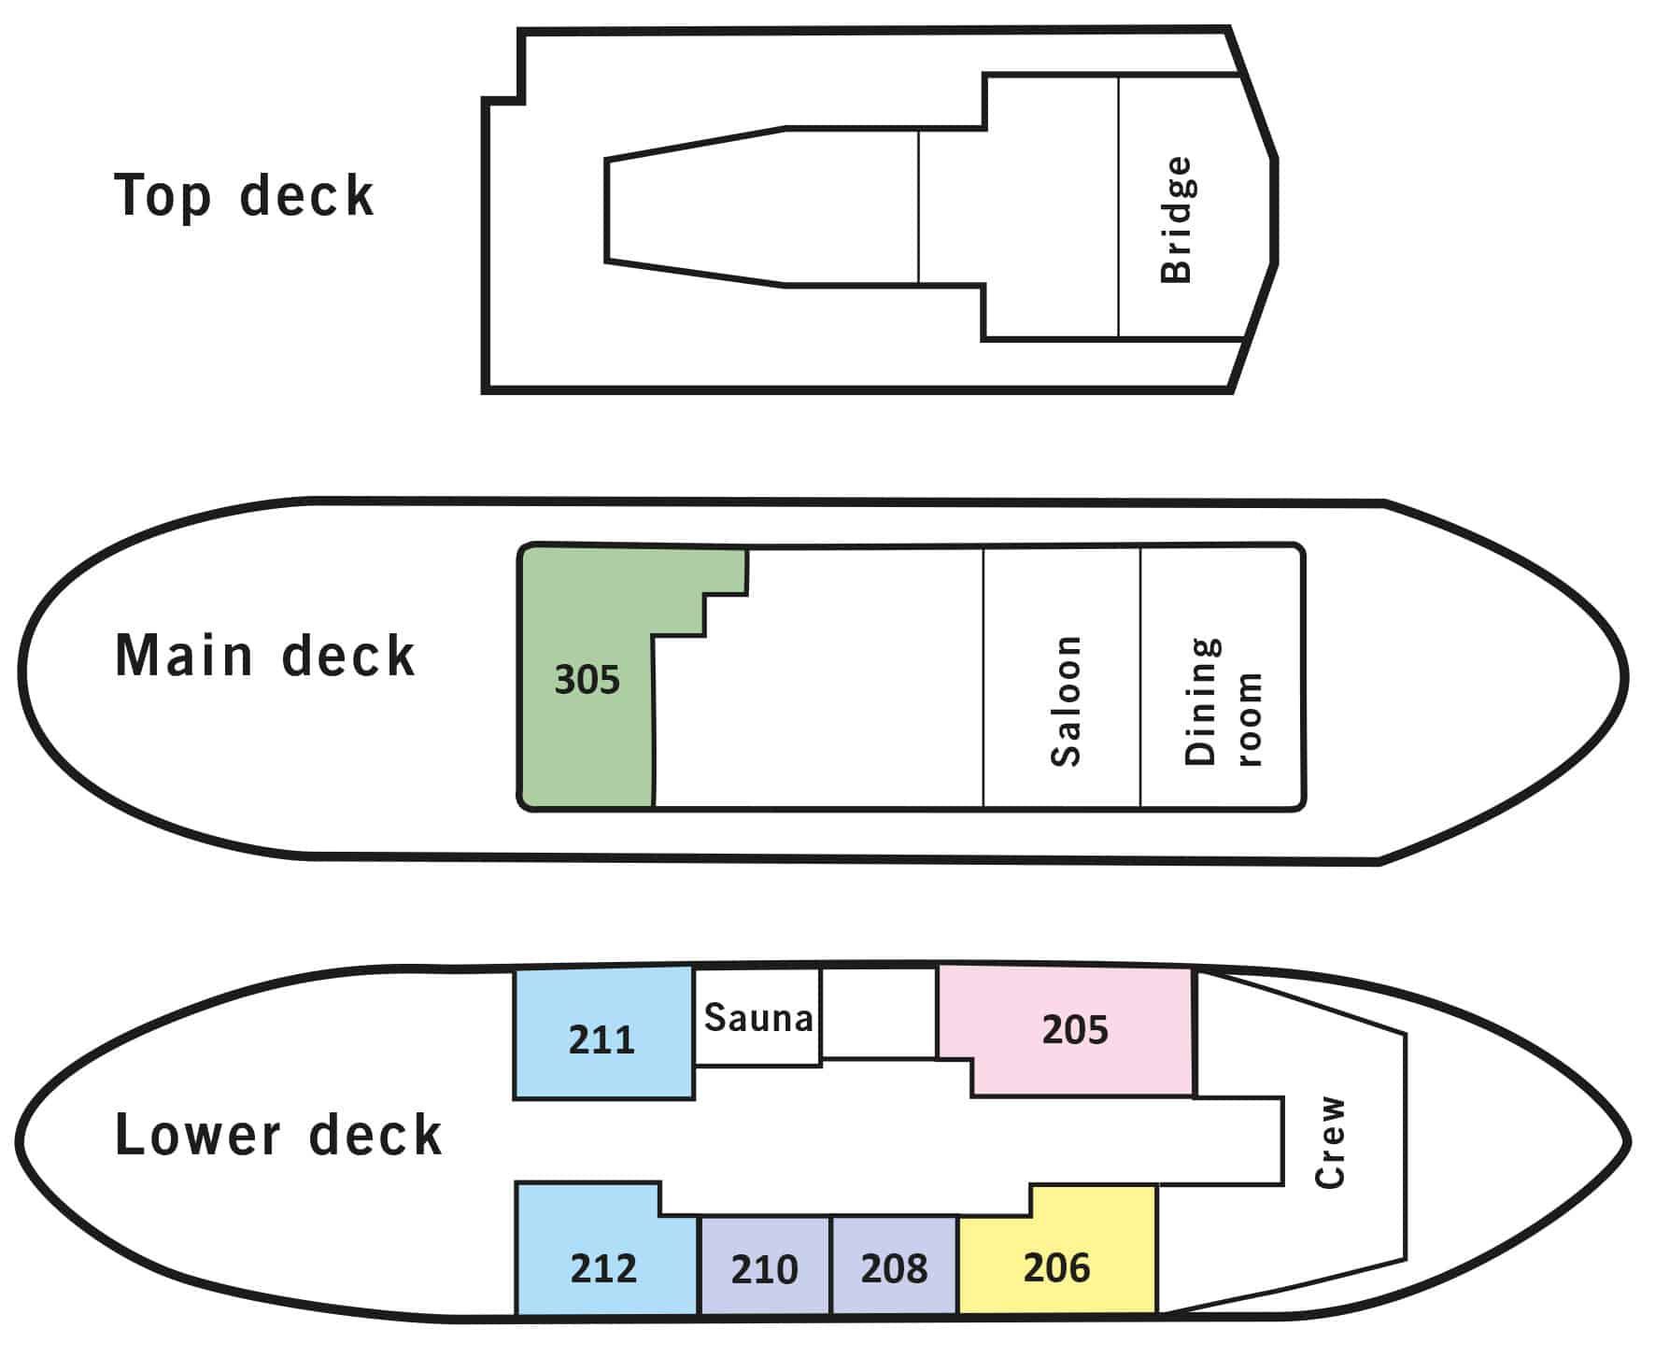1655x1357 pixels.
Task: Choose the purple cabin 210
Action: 764,1265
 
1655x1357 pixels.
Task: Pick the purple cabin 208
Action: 894,1265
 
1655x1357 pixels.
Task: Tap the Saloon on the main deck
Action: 1062,677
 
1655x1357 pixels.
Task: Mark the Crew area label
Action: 1330,1141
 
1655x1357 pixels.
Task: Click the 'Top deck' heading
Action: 244,196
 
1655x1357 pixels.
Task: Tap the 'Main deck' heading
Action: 264,655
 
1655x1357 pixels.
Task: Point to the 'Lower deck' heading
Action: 277,1135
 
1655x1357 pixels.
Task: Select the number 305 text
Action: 587,680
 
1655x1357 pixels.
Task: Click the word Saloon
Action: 1066,700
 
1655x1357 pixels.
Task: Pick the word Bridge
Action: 1176,219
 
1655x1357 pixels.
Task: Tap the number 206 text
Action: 1056,1267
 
